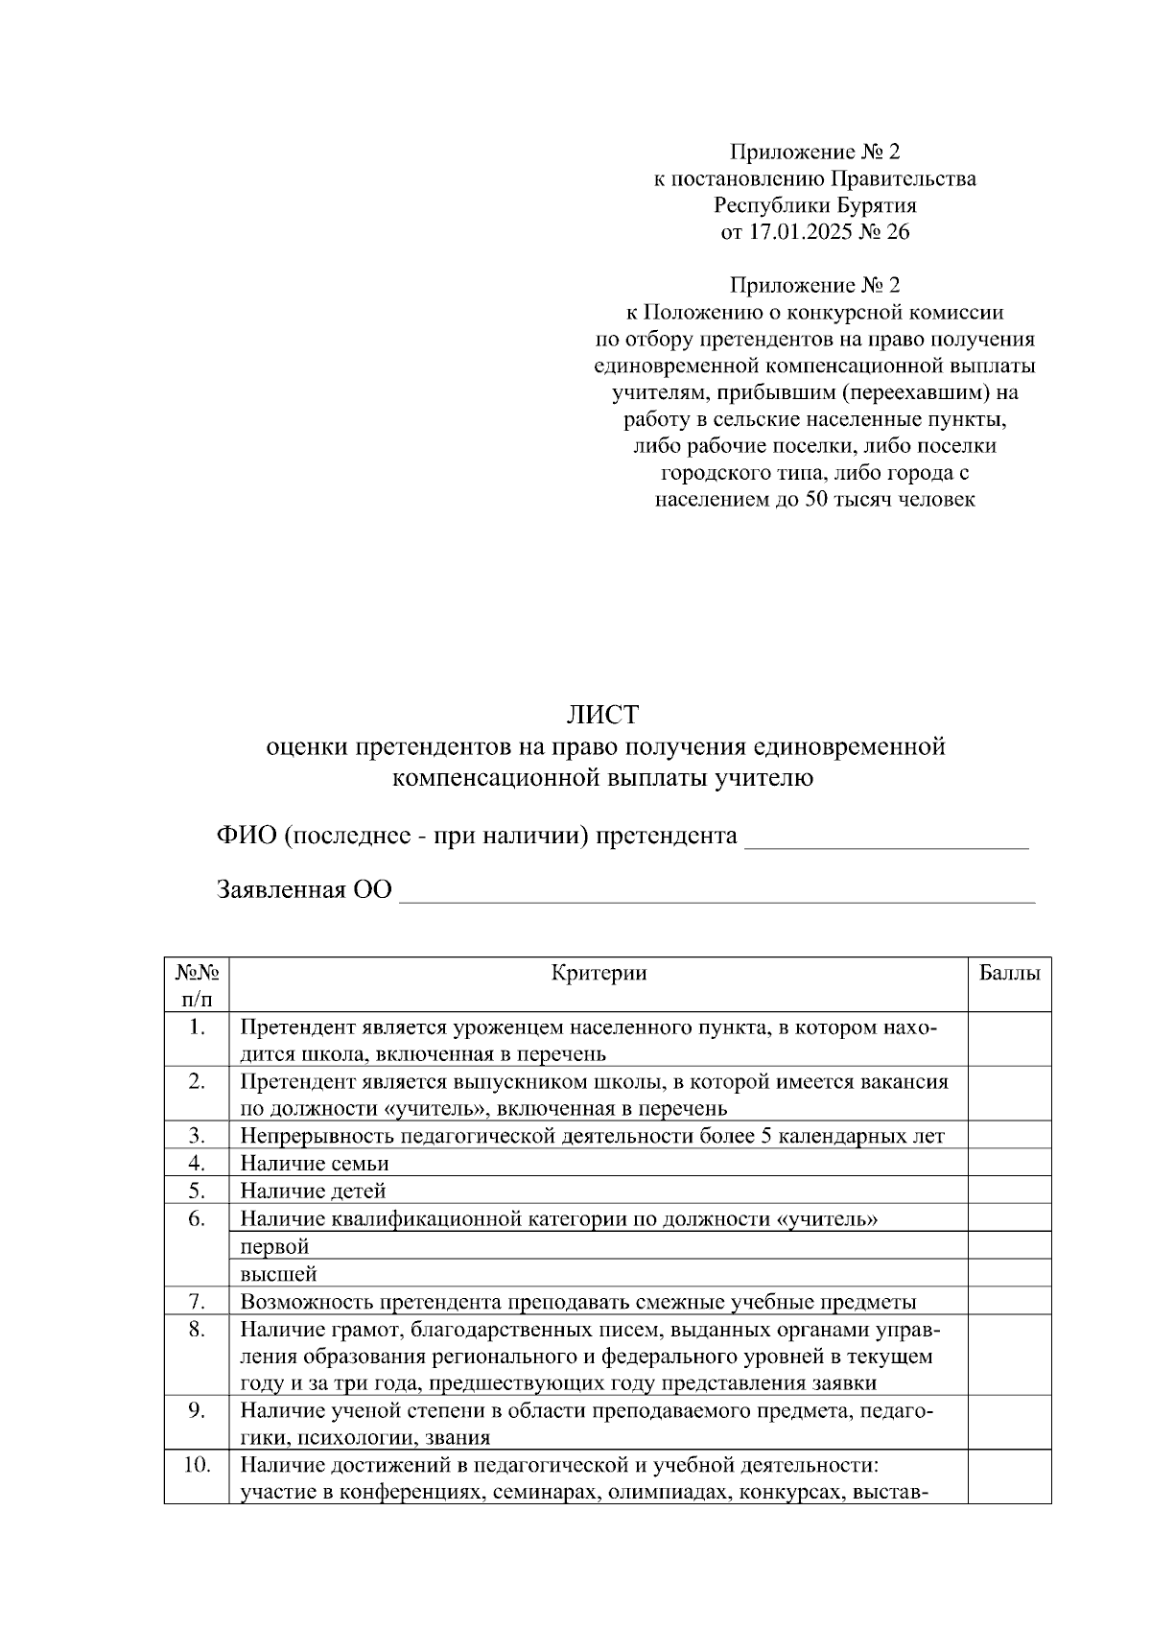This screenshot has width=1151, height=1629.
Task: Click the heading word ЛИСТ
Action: (x=601, y=715)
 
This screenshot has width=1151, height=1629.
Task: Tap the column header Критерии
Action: (x=599, y=973)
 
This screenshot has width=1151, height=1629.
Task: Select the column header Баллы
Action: (x=1009, y=973)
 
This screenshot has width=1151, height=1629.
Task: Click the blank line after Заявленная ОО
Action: (x=716, y=892)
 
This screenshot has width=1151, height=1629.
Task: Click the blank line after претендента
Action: (x=886, y=838)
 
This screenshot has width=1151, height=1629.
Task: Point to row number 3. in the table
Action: (x=197, y=1136)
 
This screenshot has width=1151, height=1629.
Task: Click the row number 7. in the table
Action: (x=197, y=1302)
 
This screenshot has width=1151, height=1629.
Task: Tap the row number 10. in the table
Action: (x=197, y=1465)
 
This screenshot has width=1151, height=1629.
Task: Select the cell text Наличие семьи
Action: (x=315, y=1164)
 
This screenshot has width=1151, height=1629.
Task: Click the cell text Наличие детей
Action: (x=313, y=1192)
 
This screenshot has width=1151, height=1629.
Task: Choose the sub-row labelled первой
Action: (x=274, y=1247)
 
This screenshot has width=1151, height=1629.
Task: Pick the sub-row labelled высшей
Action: (x=278, y=1274)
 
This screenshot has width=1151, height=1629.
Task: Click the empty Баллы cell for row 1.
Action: (x=1009, y=1040)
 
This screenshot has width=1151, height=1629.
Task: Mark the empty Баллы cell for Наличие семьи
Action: (x=1009, y=1164)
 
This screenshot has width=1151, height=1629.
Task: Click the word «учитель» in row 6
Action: (x=826, y=1219)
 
